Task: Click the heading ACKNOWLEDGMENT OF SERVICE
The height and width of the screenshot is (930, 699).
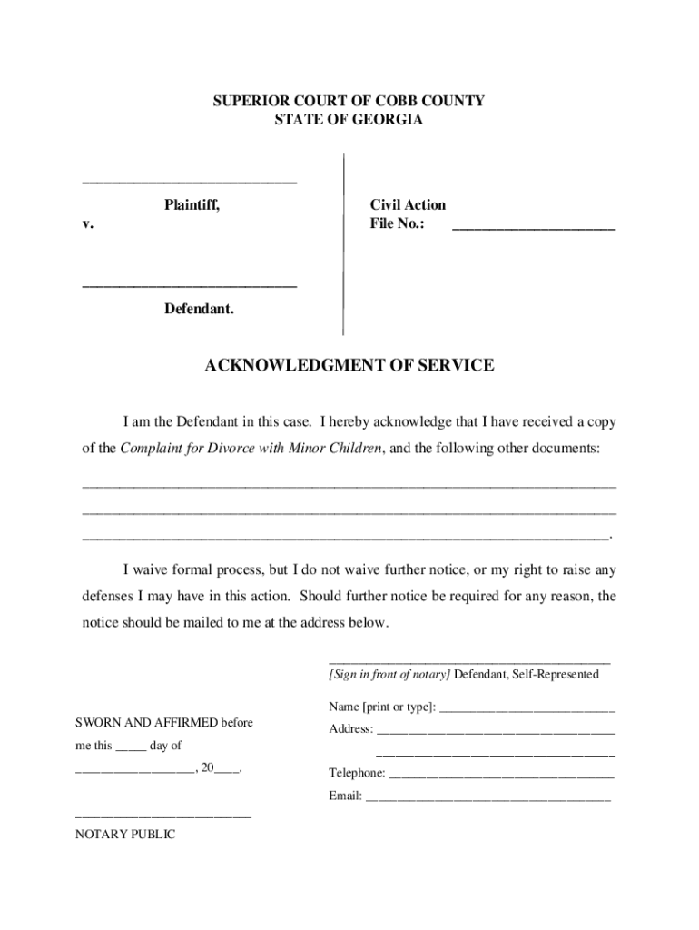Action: pyautogui.click(x=349, y=366)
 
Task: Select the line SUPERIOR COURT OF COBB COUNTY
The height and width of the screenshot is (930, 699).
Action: pyautogui.click(x=349, y=102)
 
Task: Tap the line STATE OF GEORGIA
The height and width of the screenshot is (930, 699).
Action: pyautogui.click(x=349, y=120)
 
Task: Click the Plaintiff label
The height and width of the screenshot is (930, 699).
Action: pyautogui.click(x=192, y=205)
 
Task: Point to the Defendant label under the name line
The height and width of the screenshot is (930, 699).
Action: pyautogui.click(x=199, y=310)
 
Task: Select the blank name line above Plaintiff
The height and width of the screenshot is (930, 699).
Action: pyautogui.click(x=190, y=183)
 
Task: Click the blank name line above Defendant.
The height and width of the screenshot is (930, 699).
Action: pyautogui.click(x=190, y=286)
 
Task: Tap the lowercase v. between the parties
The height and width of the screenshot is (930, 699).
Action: pyautogui.click(x=87, y=224)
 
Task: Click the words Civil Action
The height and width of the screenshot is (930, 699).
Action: pyautogui.click(x=408, y=205)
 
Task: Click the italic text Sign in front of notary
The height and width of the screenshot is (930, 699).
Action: pyautogui.click(x=389, y=675)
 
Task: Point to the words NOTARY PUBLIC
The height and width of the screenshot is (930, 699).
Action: pyautogui.click(x=125, y=836)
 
